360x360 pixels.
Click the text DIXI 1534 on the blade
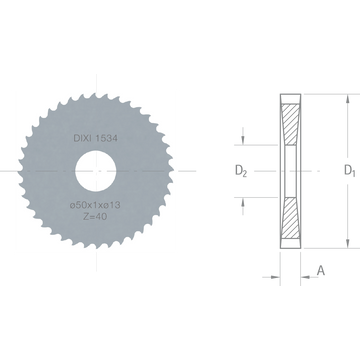point(95,138)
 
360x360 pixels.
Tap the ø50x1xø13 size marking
point(95,206)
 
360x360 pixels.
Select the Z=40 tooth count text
point(95,217)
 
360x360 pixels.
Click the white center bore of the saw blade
point(96,171)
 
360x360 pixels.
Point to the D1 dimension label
point(350,170)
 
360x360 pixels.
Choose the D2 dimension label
point(241,171)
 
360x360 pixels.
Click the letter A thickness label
point(320,270)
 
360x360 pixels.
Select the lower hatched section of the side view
point(291,217)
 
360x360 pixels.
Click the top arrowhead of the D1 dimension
point(348,99)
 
